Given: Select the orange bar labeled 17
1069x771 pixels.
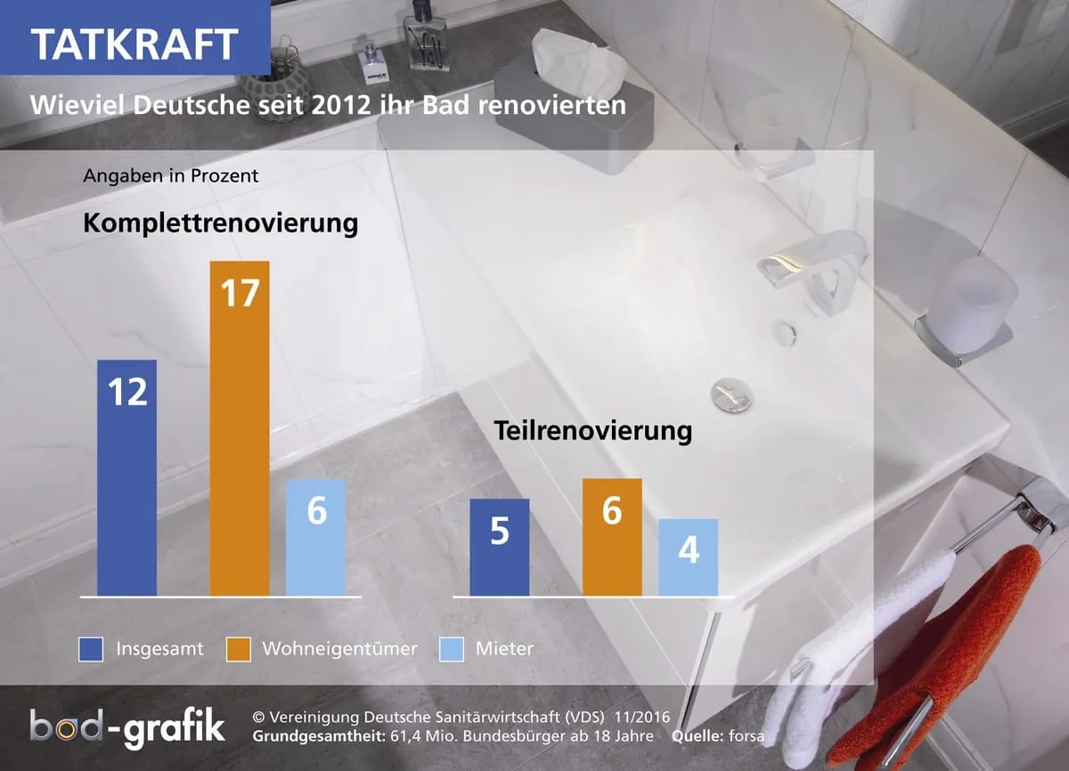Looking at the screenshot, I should coord(240,427).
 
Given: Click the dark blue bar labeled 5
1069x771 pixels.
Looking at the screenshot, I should coord(499,547).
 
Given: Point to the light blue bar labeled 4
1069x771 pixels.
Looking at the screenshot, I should coord(688,557).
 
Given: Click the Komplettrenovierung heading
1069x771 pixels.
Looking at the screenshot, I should coord(220,223).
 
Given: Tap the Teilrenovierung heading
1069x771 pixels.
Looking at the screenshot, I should coord(592,432).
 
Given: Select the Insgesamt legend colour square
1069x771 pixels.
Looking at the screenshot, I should coord(90,649).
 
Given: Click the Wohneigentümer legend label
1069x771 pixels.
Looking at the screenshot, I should coord(339,649).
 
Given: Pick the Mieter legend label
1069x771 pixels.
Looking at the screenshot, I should coord(504,649).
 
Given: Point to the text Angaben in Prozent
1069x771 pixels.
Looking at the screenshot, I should coord(170,175).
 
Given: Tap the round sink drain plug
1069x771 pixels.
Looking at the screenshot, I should coord(731,394).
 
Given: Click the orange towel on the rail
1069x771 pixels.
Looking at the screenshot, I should coord(935,659).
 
